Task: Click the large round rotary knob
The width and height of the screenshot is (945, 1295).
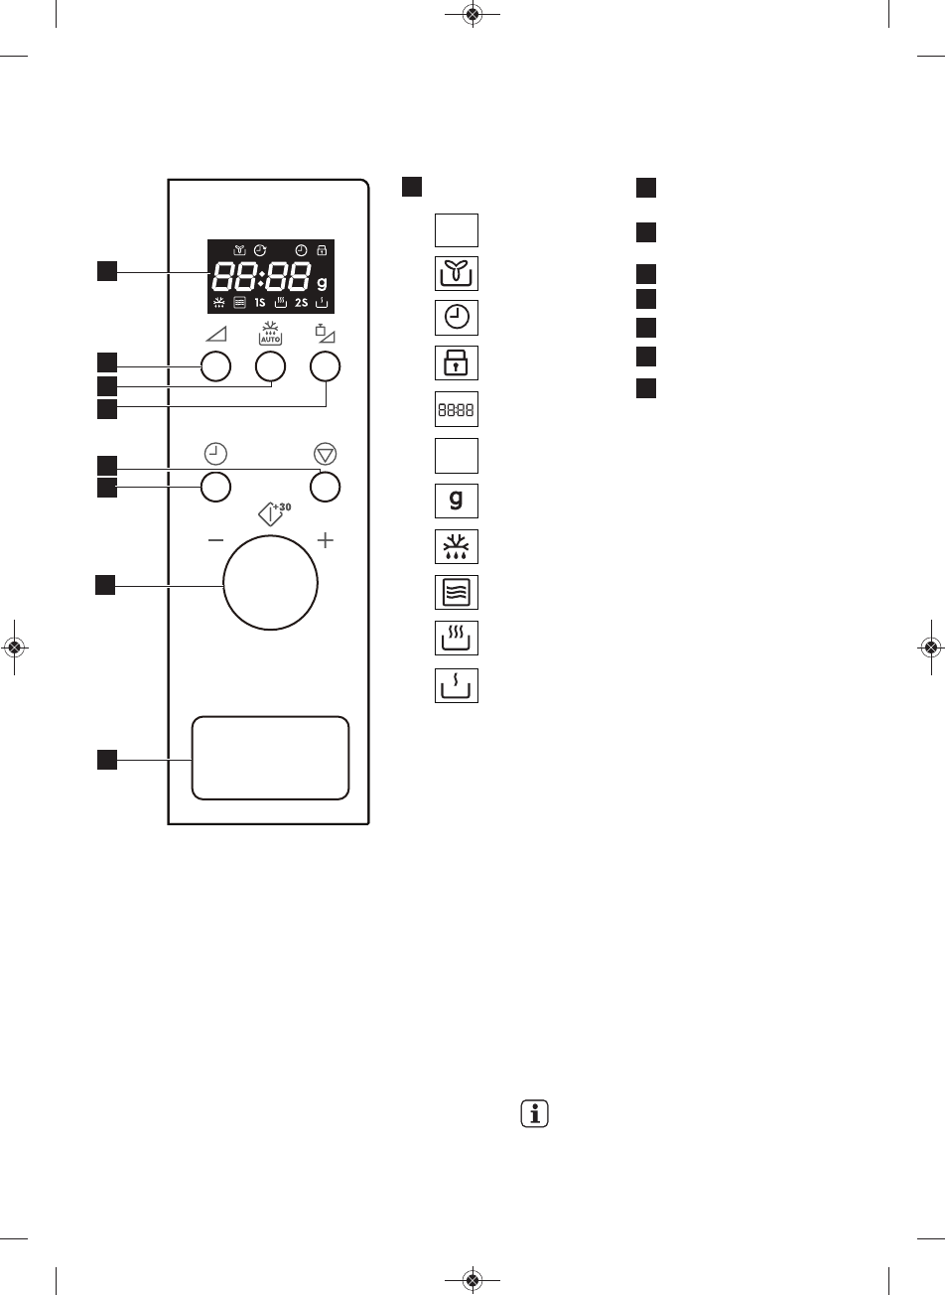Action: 270,583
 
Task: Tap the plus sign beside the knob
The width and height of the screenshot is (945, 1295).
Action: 325,541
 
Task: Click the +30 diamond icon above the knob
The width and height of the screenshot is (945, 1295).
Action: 271,514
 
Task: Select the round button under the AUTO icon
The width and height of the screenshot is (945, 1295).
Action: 270,367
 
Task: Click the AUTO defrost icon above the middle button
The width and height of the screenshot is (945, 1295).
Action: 271,333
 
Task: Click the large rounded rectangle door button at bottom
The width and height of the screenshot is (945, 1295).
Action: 270,757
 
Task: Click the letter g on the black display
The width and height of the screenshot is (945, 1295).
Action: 322,281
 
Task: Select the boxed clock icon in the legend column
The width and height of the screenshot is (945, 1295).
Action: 457,318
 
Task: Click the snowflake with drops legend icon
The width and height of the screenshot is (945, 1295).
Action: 457,546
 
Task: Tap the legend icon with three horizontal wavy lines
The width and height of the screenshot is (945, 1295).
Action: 457,592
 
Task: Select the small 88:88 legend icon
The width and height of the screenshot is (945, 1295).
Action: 457,408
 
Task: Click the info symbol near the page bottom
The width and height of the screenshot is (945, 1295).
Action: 535,1114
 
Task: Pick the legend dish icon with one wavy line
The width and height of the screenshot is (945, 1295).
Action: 457,684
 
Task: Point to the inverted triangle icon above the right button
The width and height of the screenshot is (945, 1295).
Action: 325,454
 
